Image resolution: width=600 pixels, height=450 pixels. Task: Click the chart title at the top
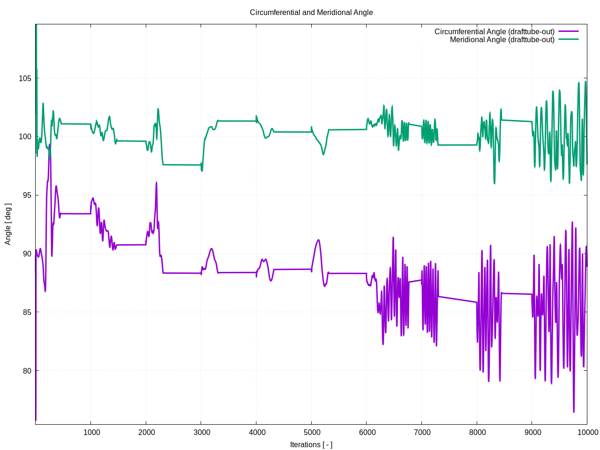tap(311, 13)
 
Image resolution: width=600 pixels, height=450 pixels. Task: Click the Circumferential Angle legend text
tap(494, 31)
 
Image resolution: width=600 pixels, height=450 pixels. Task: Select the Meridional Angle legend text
tap(502, 40)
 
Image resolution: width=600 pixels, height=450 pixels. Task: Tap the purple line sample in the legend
tap(568, 31)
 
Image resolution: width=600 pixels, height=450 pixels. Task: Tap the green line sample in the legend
tap(568, 39)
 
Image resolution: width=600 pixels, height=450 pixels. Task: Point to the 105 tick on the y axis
tap(25, 78)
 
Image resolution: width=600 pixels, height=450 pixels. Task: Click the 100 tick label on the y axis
tap(25, 137)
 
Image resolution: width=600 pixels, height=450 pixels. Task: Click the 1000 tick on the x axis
tap(91, 432)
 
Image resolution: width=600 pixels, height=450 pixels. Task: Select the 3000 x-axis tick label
tap(202, 432)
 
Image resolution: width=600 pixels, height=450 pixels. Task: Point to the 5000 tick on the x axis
tap(312, 432)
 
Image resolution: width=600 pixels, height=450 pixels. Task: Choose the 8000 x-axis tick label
tap(478, 432)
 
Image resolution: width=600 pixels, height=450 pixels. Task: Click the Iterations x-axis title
tap(311, 444)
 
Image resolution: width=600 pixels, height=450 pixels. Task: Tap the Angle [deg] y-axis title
tap(8, 224)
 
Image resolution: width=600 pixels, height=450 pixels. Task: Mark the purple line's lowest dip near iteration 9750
tap(574, 412)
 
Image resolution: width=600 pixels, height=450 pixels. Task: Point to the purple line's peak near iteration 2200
tap(157, 182)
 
